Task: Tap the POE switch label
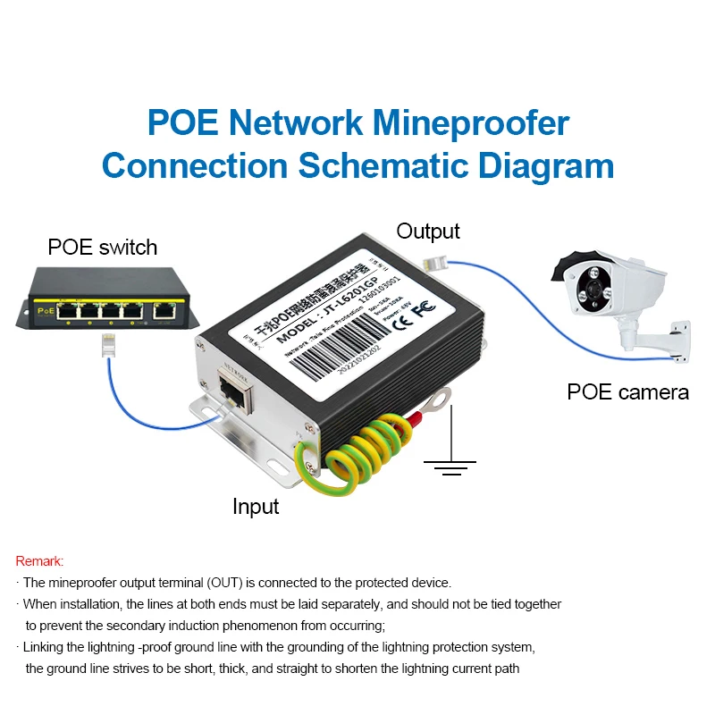pos(103,248)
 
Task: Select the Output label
pos(428,231)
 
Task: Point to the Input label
pos(256,507)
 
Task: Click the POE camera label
pos(628,391)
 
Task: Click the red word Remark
pos(40,561)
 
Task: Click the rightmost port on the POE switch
pos(164,311)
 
